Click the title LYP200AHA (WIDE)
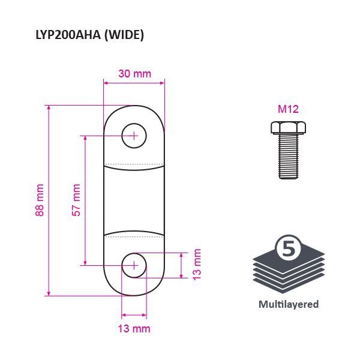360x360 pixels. [90, 35]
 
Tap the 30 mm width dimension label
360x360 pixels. [135, 74]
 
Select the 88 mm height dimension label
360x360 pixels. [40, 200]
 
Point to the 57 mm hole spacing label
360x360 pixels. [76, 200]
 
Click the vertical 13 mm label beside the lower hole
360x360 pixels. [197, 265]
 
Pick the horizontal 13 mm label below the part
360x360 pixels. [134, 329]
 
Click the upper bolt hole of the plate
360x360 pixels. [134, 136]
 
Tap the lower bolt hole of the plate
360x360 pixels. [134, 265]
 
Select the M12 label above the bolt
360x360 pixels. [288, 109]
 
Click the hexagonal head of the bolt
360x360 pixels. [288, 128]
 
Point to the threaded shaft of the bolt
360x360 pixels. [289, 157]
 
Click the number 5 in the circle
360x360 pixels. [289, 248]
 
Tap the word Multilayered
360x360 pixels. [289, 304]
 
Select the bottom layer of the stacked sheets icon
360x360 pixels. [289, 284]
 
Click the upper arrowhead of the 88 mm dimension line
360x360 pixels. [49, 108]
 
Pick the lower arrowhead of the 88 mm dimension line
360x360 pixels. [49, 293]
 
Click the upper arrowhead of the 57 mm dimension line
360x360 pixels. [85, 138]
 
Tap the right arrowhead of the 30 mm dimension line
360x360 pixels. [162, 83]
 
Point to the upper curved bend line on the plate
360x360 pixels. [134, 168]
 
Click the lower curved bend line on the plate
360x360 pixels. [134, 233]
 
